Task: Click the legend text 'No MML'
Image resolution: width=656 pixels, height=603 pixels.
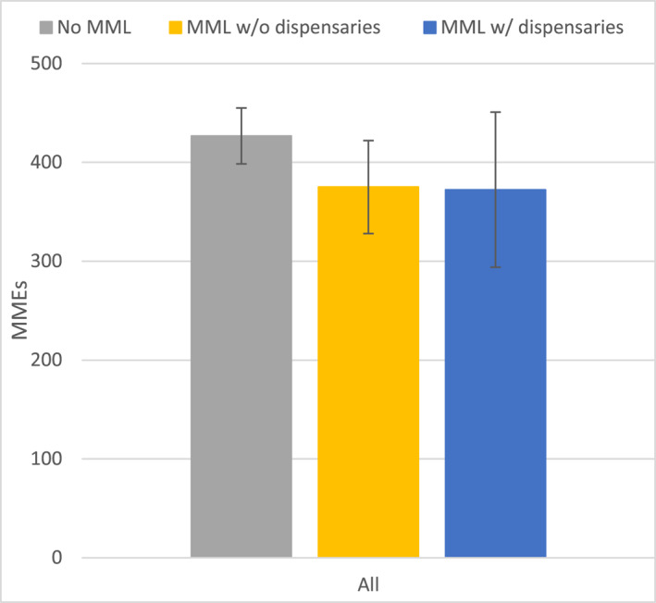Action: (x=93, y=27)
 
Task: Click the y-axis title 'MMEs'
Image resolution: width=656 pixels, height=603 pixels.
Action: (x=21, y=311)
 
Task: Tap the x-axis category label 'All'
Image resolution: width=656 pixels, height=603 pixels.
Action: (x=368, y=584)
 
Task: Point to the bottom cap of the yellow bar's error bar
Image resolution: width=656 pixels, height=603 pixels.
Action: (x=368, y=233)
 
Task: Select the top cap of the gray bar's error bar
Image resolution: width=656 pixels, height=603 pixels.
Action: (x=241, y=108)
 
